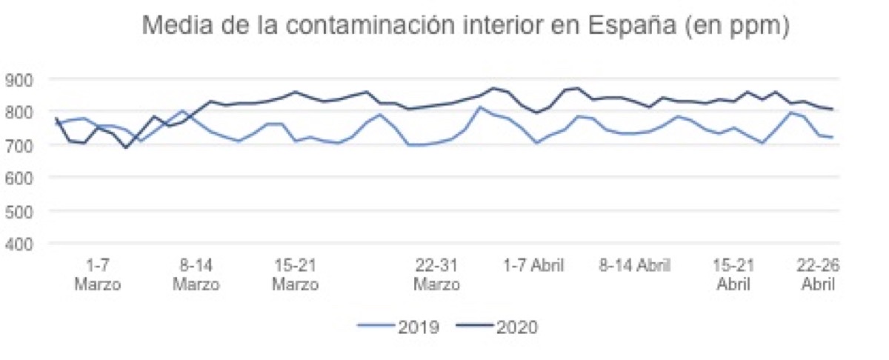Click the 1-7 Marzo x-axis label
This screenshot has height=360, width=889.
(98, 275)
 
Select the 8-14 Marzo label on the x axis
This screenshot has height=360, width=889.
(196, 275)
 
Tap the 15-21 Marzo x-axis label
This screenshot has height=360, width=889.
(295, 275)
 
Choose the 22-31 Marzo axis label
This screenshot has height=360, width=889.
(436, 275)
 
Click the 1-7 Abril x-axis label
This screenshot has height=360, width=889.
(534, 265)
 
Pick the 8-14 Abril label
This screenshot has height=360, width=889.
(634, 265)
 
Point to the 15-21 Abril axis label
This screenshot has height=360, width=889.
(734, 275)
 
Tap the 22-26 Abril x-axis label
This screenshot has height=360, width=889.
(818, 275)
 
